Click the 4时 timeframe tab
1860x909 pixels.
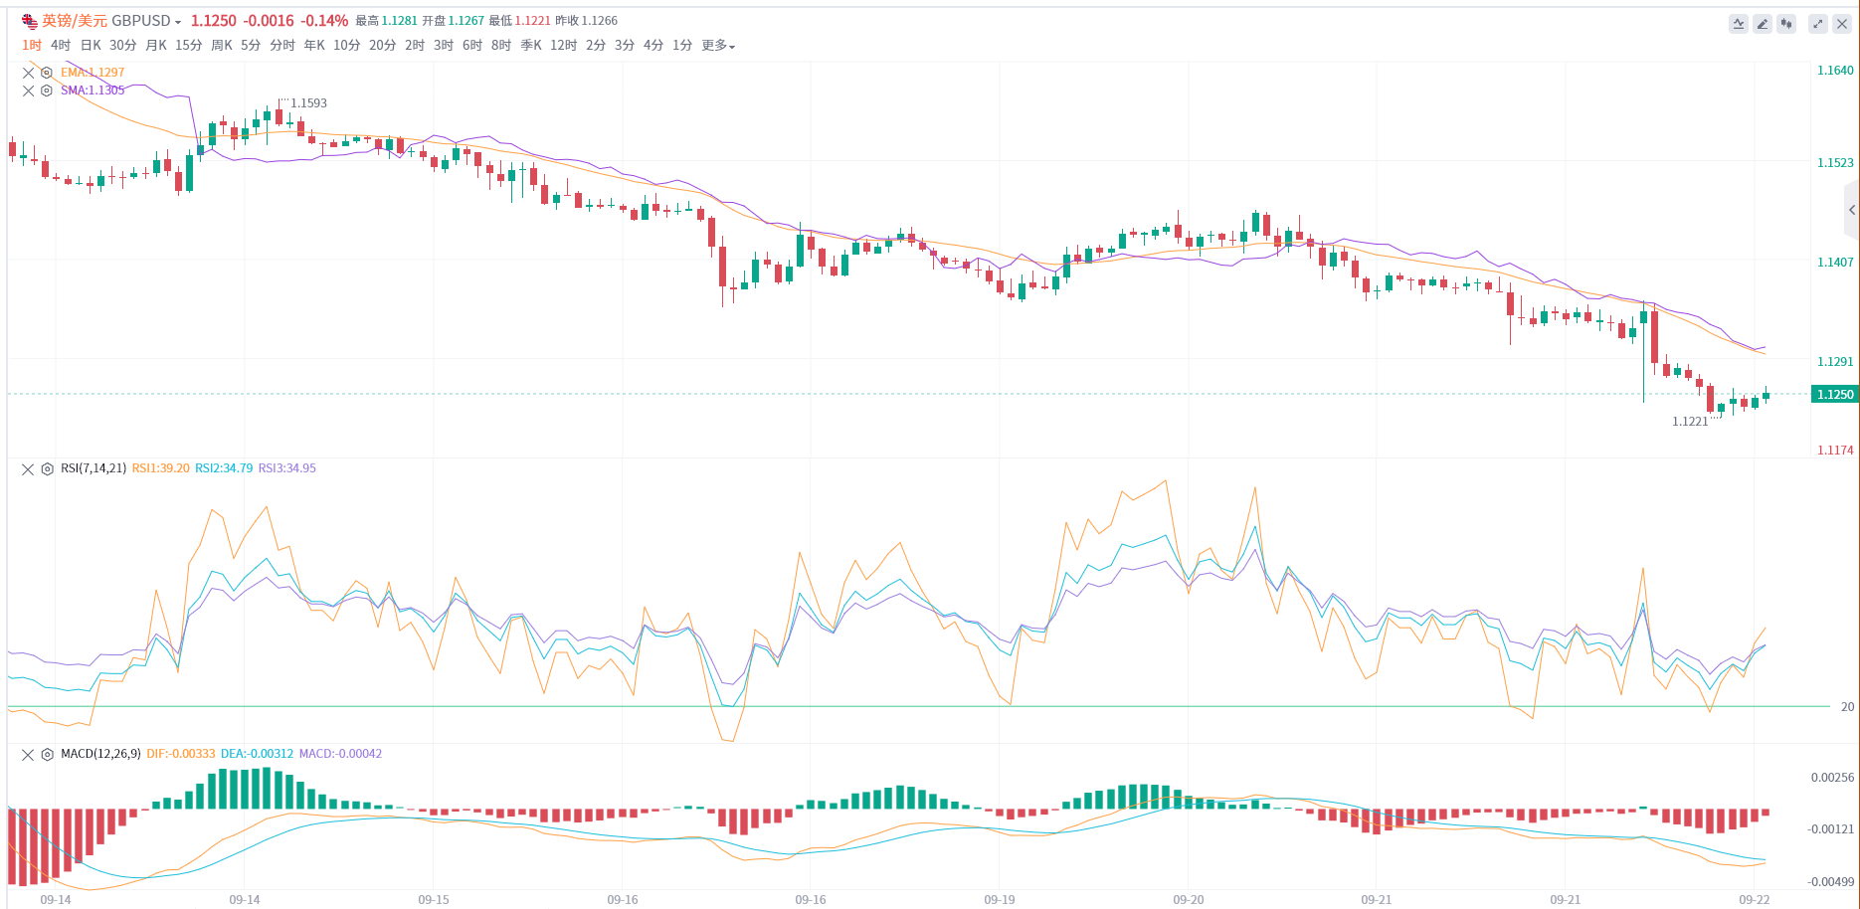pyautogui.click(x=61, y=45)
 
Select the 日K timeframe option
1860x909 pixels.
pyautogui.click(x=91, y=45)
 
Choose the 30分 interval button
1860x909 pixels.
pyautogui.click(x=123, y=45)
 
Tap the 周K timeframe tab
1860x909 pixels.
pyautogui.click(x=222, y=45)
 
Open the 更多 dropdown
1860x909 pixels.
pyautogui.click(x=717, y=45)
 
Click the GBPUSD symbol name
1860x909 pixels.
pyautogui.click(x=141, y=21)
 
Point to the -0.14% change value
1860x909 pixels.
pyautogui.click(x=324, y=21)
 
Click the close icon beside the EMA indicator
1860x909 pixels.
pyautogui.click(x=28, y=73)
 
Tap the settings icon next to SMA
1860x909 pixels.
pyautogui.click(x=46, y=91)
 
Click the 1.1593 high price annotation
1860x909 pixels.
pyautogui.click(x=308, y=103)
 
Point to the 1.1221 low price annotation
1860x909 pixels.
pyautogui.click(x=1690, y=422)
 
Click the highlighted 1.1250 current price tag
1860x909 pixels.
pyautogui.click(x=1835, y=395)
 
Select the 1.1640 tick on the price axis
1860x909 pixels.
pyautogui.click(x=1835, y=71)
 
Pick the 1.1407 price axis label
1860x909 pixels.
pyautogui.click(x=1835, y=263)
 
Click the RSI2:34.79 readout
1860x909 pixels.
pyautogui.click(x=224, y=468)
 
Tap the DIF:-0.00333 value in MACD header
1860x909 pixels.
pyautogui.click(x=180, y=754)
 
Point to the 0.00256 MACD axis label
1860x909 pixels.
pyautogui.click(x=1832, y=778)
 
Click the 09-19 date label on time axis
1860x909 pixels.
pyautogui.click(x=1000, y=900)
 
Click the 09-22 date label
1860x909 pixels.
pyautogui.click(x=1755, y=900)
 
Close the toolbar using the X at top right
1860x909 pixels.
pyautogui.click(x=1841, y=24)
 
